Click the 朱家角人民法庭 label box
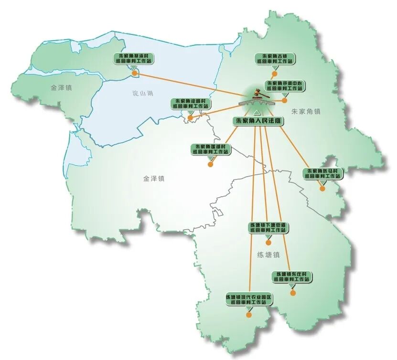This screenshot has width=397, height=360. (258, 122)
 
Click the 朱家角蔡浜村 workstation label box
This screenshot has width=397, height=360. (135, 58)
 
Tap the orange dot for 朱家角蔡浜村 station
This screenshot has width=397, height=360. (135, 74)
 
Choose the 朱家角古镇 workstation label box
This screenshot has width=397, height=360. (274, 59)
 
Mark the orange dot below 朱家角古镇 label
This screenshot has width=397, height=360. (274, 74)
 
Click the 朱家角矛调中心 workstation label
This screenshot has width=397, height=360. (284, 85)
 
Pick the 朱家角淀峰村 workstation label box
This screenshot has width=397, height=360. (190, 103)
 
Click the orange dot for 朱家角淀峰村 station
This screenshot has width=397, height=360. (190, 117)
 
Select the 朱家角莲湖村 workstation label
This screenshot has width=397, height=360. (210, 149)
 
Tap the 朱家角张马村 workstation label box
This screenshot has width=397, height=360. (323, 173)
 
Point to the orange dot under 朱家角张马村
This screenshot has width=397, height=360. (322, 188)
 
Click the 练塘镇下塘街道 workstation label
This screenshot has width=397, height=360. (268, 227)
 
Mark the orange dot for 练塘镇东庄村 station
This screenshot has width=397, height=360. (293, 293)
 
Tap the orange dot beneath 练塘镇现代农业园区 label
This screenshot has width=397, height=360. (249, 315)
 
